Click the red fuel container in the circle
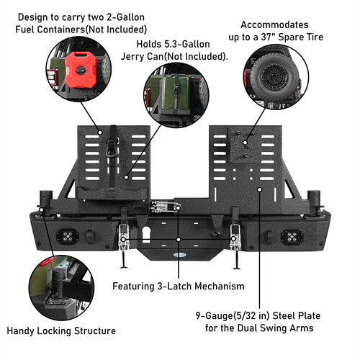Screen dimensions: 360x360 tap(81, 70)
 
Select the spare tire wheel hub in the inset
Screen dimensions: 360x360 tap(274, 77)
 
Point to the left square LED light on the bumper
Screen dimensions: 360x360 tap(68, 236)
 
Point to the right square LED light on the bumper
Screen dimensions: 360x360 tap(292, 237)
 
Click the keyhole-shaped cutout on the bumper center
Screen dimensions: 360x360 tap(146, 235)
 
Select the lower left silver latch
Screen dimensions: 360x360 tap(124, 237)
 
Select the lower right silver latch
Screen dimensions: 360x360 tap(235, 237)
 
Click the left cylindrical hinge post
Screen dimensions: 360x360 tap(46, 203)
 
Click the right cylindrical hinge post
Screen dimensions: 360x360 tap(314, 203)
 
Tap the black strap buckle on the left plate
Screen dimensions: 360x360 tap(112, 147)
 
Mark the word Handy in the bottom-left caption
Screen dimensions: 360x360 tap(21, 331)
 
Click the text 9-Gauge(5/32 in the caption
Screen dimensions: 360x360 tap(226, 316)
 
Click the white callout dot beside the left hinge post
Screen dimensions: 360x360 tap(42, 210)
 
